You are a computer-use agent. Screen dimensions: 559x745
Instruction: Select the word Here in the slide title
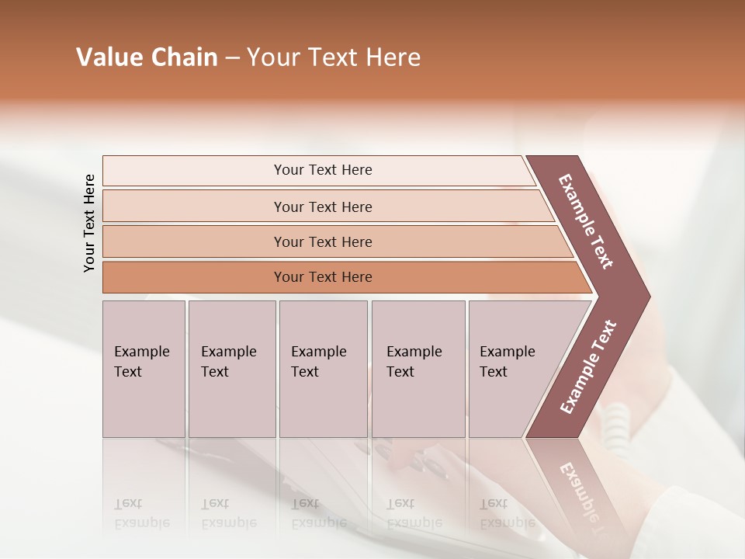point(393,57)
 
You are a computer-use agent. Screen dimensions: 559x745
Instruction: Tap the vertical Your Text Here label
point(89,223)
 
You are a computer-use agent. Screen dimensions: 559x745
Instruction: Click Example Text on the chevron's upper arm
point(586,221)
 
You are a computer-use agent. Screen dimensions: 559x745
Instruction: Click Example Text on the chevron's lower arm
point(587,367)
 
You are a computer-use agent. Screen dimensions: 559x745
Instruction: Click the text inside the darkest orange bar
point(323,277)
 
